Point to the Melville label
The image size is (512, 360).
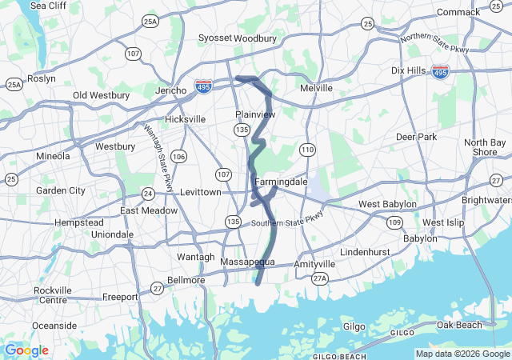tap(316, 88)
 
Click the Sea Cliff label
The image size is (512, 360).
tap(48, 6)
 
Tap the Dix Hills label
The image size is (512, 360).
tap(409, 70)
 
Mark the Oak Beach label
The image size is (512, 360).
tap(459, 325)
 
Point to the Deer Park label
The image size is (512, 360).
tap(416, 137)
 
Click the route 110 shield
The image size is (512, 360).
tap(308, 150)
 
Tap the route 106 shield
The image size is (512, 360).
tap(178, 156)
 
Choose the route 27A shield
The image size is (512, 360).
tap(320, 278)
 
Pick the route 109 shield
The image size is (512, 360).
tap(394, 221)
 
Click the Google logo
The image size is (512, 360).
tap(26, 350)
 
